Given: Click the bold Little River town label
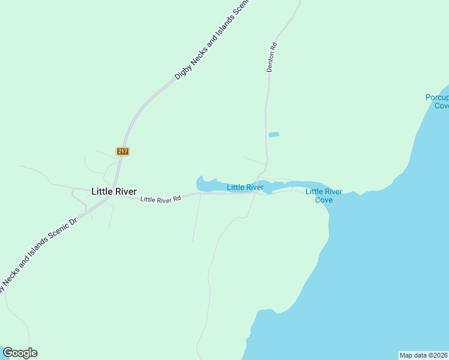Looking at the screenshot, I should tap(113, 191).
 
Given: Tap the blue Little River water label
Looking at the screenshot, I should tap(245, 187).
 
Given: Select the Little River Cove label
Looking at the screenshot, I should tap(324, 196).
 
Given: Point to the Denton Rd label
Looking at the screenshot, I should tap(271, 58).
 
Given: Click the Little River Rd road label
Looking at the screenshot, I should tap(160, 199).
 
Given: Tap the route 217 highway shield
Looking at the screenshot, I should tap(122, 151).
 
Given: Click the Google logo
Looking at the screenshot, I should tap(20, 353).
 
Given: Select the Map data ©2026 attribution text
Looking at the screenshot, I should tap(424, 355).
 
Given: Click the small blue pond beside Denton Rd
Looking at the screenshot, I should tap(274, 134).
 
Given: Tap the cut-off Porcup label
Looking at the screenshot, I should tap(436, 97).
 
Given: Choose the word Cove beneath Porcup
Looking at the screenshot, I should tap(442, 106).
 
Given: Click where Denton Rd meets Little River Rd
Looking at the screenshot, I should tap(259, 193).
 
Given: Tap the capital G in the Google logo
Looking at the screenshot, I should tap(8, 353).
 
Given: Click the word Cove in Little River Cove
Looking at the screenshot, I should tap(324, 200).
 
